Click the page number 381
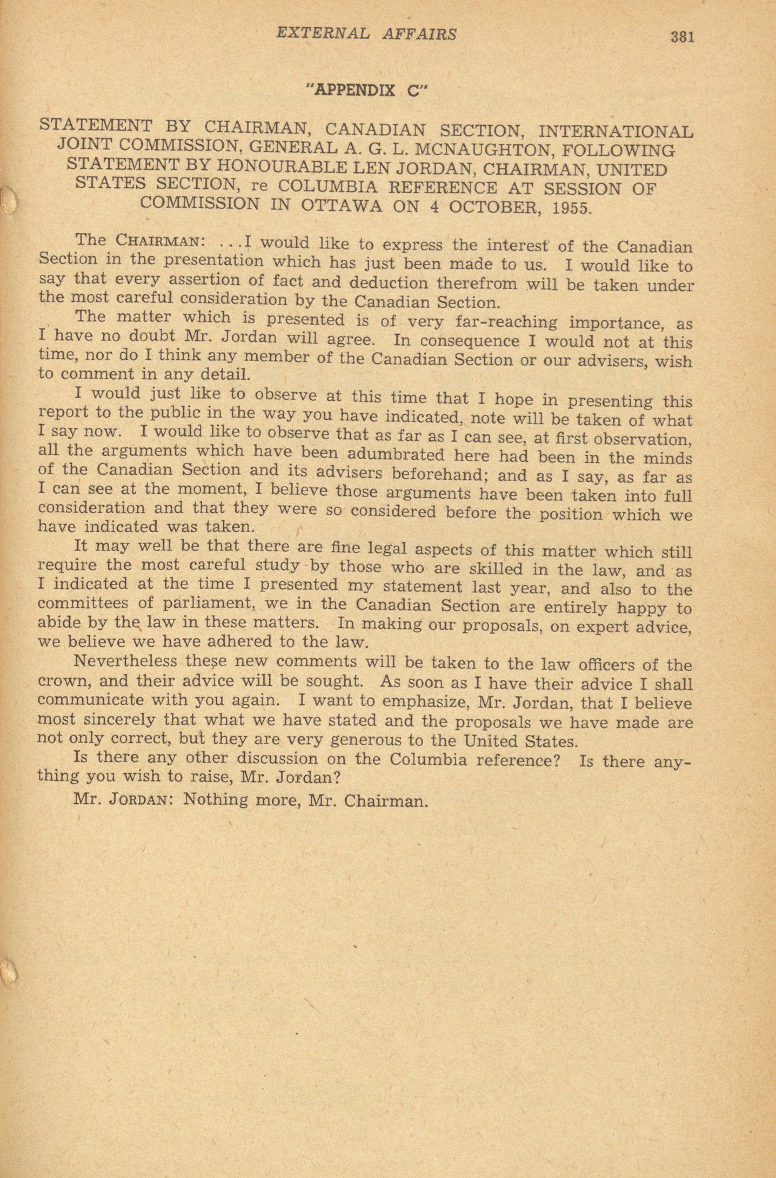point(682,37)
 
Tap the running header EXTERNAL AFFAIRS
point(366,34)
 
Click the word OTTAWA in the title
point(341,205)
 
